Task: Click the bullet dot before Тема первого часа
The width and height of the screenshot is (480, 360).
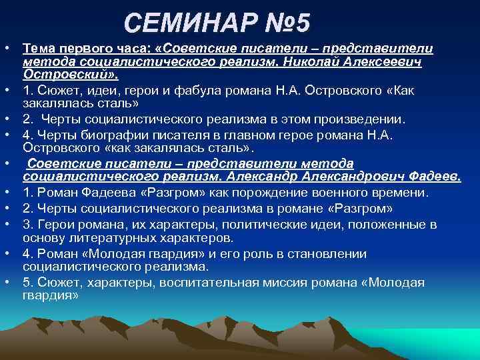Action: click(x=5, y=49)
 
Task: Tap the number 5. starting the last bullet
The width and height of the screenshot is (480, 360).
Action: click(x=27, y=282)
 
